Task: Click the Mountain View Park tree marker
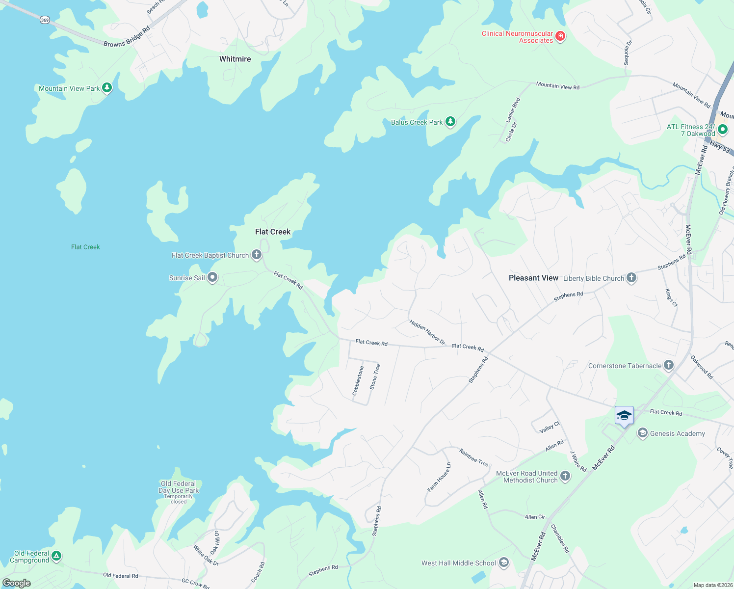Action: tap(107, 88)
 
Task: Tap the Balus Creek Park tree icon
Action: tap(450, 122)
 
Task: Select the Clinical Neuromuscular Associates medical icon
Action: tap(560, 36)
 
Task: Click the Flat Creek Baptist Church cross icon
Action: tap(256, 254)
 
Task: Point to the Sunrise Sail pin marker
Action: tap(212, 277)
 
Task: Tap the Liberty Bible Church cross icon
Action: tap(631, 278)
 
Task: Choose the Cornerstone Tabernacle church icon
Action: tap(668, 365)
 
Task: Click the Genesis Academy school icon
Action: tap(642, 433)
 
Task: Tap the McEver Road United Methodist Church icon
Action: tap(565, 476)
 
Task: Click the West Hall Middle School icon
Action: tap(503, 562)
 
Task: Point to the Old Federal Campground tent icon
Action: tap(56, 556)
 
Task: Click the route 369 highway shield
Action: tap(45, 20)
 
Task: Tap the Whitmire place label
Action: tap(235, 59)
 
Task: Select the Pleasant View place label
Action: tap(533, 278)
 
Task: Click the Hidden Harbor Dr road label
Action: tap(427, 332)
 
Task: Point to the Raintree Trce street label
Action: tap(473, 457)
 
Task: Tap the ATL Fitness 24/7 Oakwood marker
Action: tap(722, 130)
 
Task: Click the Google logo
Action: tap(16, 583)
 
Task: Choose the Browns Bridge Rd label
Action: tap(127, 37)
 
